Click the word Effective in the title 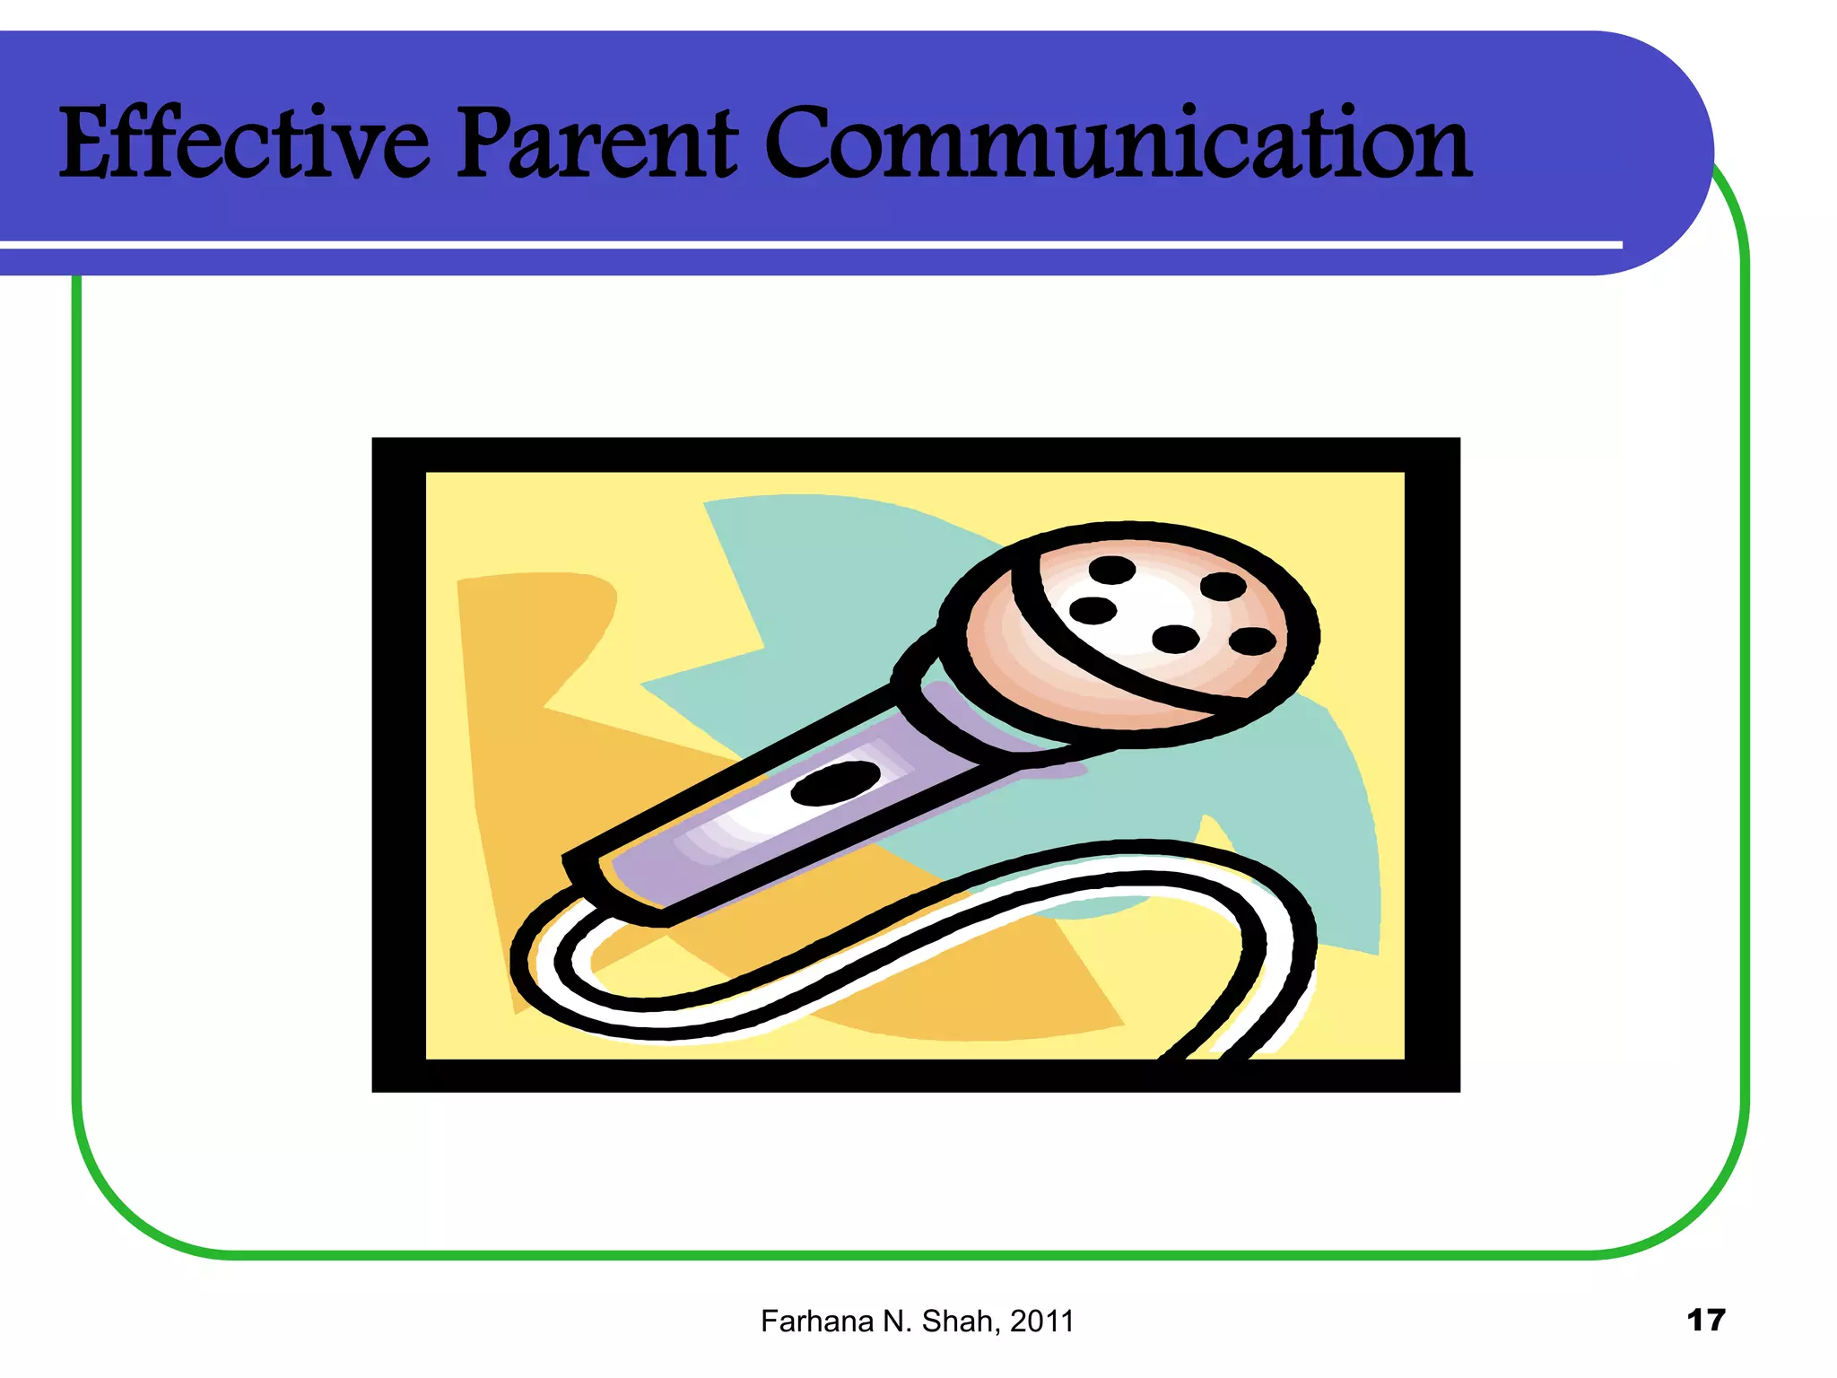(244, 144)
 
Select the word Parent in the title (597, 144)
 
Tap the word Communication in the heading (1118, 144)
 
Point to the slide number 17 (1705, 1320)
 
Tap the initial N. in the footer (898, 1321)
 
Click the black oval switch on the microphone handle (835, 783)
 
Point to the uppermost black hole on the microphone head (1111, 570)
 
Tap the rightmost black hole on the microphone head (1252, 641)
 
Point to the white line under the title (807, 244)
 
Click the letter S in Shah (932, 1321)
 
